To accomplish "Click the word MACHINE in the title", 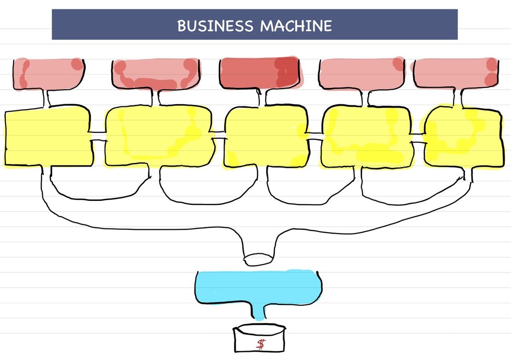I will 296,26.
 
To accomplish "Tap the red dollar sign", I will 260,344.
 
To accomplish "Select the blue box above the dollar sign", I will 258,286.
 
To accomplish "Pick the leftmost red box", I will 48,74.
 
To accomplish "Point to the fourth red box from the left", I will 361,73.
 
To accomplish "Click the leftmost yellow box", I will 48,137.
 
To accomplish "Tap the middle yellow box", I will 265,136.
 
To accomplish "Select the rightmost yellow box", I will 462,137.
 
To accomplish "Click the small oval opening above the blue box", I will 258,258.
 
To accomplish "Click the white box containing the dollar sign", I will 260,340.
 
